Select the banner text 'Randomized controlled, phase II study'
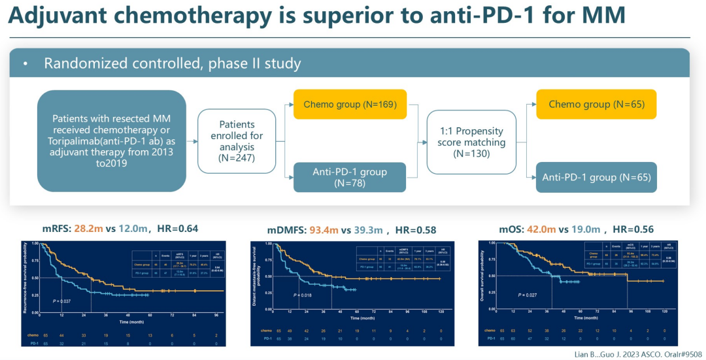[x=172, y=64]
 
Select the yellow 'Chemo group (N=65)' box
[x=596, y=105]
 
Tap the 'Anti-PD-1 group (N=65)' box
[x=596, y=178]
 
